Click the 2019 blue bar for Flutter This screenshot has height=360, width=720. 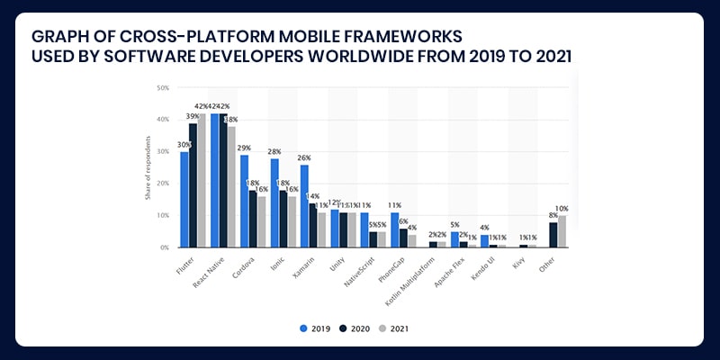tap(184, 200)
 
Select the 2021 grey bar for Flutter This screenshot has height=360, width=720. tap(202, 180)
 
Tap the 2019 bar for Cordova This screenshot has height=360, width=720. tap(244, 201)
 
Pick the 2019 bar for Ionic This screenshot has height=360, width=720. tap(274, 202)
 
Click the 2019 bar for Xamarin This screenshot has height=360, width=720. tap(304, 206)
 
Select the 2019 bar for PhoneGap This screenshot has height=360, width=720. tap(394, 229)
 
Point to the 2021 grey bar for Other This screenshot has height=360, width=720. tap(562, 231)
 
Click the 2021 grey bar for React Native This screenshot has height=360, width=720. tap(231, 186)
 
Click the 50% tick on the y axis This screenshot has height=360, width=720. tap(163, 88)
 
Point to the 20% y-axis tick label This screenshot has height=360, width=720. tap(163, 184)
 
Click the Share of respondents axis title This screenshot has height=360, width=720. tap(148, 167)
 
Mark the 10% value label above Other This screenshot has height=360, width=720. tap(562, 208)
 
